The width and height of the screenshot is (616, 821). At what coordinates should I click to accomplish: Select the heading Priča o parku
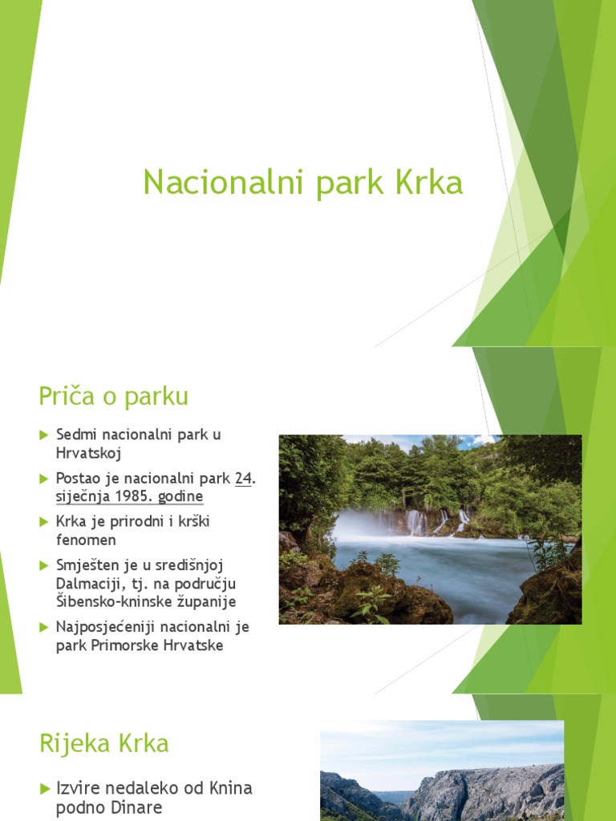(x=113, y=396)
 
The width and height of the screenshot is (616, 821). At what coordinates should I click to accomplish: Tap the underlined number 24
(x=243, y=479)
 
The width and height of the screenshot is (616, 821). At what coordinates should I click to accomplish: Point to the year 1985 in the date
(x=133, y=496)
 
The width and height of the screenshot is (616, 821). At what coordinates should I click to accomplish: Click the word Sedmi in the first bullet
(x=75, y=435)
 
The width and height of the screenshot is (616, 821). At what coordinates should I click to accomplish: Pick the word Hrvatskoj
(x=88, y=453)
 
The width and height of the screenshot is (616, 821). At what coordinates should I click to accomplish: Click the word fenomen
(x=87, y=540)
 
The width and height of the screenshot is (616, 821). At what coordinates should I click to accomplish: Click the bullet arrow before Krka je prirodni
(x=44, y=522)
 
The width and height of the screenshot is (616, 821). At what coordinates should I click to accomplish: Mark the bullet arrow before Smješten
(x=44, y=565)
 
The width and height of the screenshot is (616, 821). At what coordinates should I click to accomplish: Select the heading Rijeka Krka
(x=104, y=743)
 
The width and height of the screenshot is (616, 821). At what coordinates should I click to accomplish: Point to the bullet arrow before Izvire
(x=44, y=788)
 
